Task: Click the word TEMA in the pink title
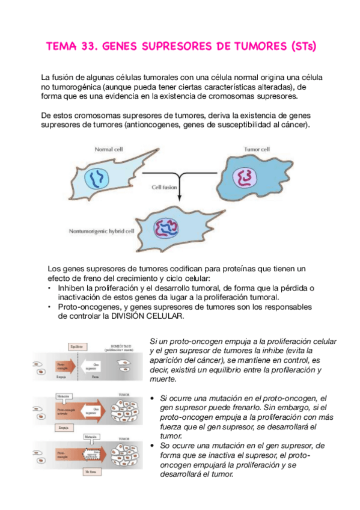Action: tap(63, 46)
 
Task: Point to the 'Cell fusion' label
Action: tap(164, 187)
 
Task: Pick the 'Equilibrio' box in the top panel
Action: tap(75, 346)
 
